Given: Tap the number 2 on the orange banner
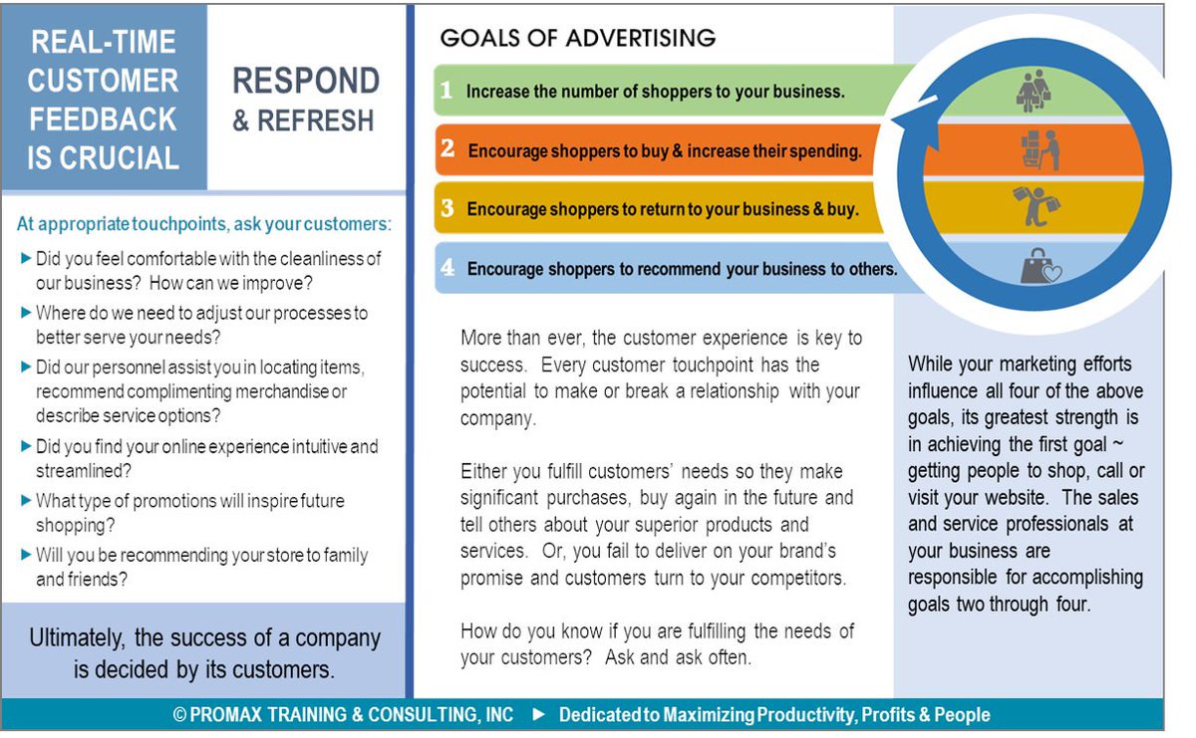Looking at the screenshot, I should tap(448, 149).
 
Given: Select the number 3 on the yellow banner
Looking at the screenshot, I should tap(448, 209).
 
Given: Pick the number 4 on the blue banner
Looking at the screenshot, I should tap(448, 268).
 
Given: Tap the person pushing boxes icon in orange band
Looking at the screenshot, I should tap(1040, 149).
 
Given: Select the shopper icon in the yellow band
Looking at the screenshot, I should tap(1037, 207).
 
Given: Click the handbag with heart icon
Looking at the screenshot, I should tap(1040, 265).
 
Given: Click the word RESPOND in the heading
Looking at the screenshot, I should tap(306, 81).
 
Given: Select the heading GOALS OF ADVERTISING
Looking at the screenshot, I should tap(578, 38).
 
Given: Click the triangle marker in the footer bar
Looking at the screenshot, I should tap(539, 715).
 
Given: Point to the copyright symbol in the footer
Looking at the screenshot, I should tap(179, 715).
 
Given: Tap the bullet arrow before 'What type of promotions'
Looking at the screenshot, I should tap(26, 500).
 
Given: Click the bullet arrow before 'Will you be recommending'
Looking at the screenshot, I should tap(26, 555).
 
